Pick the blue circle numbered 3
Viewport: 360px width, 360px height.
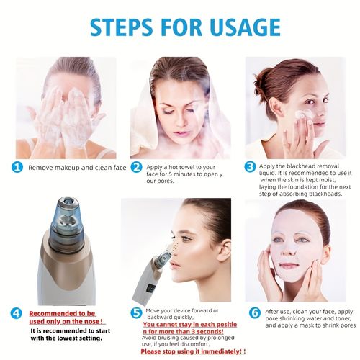(250, 167)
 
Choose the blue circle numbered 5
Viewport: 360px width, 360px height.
(135, 313)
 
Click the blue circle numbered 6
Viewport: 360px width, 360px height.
(254, 313)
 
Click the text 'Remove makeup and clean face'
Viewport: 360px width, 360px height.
(77, 168)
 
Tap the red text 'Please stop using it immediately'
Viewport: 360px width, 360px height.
(193, 352)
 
